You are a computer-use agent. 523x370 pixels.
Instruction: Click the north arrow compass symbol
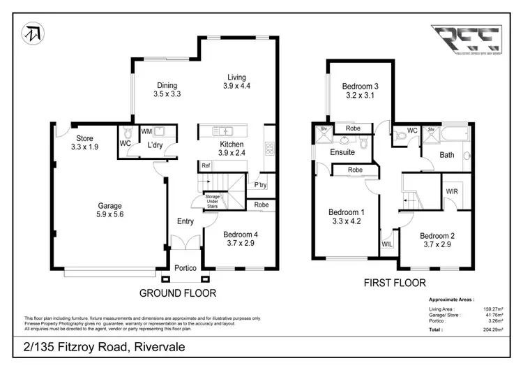coord(33,34)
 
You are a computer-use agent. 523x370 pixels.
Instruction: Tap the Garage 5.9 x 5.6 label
coord(109,210)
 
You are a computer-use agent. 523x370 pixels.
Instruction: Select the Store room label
coord(84,143)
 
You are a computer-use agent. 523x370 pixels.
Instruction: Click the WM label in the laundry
coord(146,131)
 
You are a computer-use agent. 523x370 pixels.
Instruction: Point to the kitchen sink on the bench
coord(226,131)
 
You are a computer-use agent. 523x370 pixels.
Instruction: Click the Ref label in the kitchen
coord(206,165)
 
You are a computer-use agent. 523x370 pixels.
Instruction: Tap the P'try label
coord(261,185)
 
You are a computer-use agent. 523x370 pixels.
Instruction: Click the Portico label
coord(185,269)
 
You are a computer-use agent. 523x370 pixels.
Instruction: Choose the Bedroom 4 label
coord(241,239)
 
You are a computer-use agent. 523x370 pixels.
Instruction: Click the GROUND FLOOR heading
coord(178,293)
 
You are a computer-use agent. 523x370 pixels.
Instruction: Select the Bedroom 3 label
coord(360,91)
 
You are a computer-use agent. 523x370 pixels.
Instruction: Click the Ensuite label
coord(343,151)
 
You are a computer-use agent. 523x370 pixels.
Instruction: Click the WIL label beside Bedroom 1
coord(386,244)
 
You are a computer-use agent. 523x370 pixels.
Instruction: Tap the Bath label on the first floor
coord(446,155)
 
